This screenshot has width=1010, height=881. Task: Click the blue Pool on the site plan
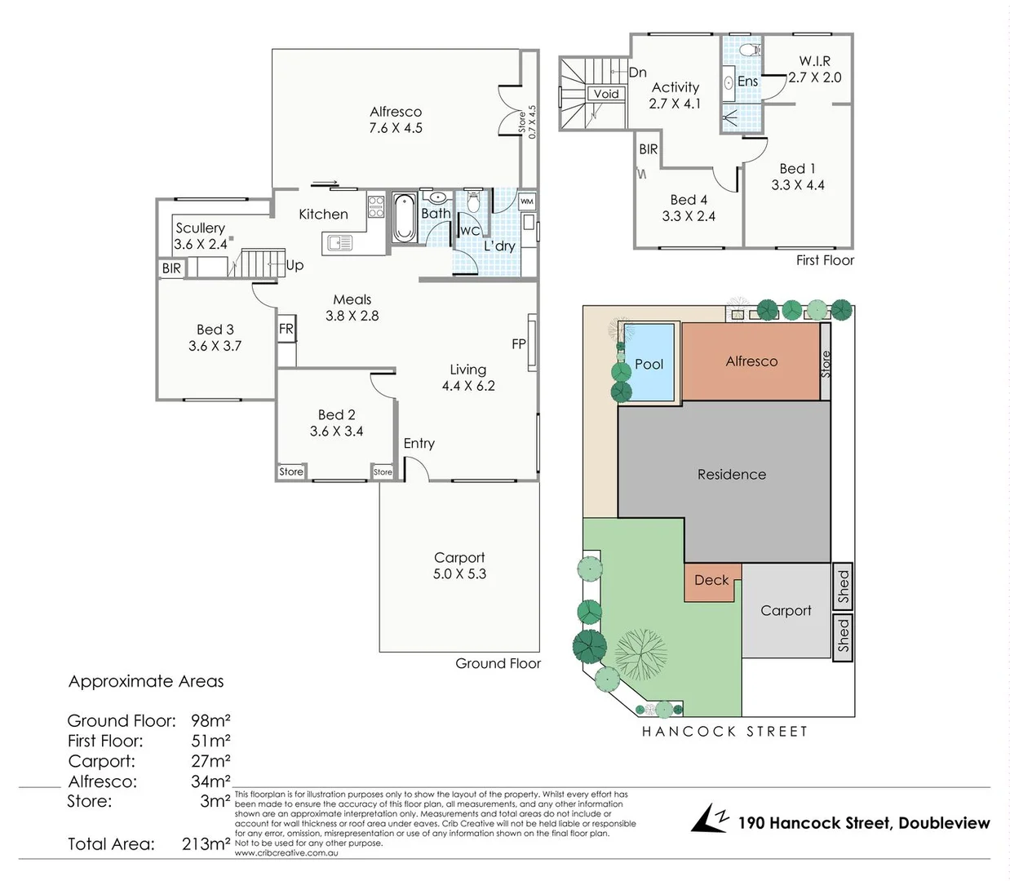(649, 363)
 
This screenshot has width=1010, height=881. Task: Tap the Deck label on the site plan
(711, 580)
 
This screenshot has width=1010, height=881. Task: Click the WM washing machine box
(527, 201)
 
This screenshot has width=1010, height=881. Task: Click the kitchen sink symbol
(339, 242)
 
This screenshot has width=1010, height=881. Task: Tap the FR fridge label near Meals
(286, 329)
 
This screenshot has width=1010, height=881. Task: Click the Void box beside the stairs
(605, 94)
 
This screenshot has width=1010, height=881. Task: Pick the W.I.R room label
(814, 61)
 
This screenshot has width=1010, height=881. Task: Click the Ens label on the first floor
(747, 81)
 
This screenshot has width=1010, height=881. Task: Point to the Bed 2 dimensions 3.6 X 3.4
(336, 432)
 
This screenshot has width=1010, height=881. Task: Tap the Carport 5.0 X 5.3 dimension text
(459, 574)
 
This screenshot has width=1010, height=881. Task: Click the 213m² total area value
(206, 844)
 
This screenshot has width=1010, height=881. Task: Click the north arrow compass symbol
(709, 819)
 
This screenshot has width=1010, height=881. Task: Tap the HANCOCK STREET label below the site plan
(724, 732)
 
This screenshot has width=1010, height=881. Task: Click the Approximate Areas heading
(146, 681)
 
